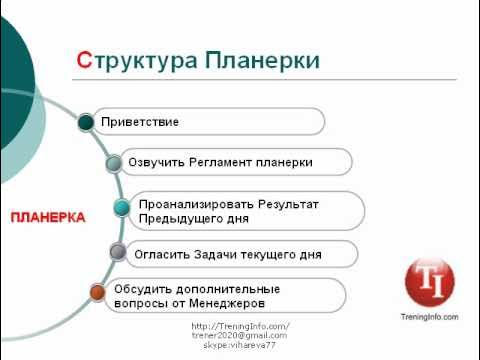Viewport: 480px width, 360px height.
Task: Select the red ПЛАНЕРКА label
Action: click(x=47, y=217)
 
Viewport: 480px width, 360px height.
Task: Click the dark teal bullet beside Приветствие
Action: click(x=86, y=122)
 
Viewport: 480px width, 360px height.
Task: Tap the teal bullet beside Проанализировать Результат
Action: click(x=121, y=208)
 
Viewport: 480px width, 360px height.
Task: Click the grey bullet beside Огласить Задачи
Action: click(x=117, y=253)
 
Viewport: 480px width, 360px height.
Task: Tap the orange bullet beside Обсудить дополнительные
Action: click(x=97, y=293)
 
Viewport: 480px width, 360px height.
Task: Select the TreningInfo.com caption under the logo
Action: click(x=430, y=317)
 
